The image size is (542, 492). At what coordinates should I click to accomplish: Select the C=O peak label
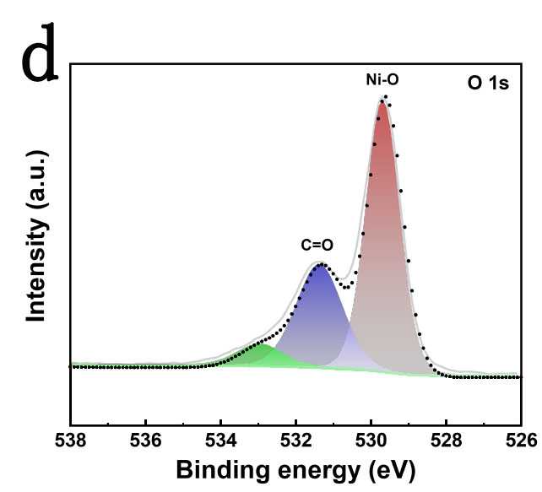317,246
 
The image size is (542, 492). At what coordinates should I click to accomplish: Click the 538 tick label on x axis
71,440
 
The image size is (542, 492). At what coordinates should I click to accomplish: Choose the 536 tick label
146,440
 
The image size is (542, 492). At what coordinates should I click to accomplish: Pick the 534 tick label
221,440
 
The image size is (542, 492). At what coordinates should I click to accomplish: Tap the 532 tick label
295,440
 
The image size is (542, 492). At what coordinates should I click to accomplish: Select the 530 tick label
371,440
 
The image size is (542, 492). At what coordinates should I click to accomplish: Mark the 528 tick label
446,440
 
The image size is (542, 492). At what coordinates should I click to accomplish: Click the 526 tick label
518,440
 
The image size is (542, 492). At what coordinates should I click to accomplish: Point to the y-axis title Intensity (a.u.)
36,235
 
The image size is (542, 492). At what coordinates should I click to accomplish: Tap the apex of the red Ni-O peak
383,102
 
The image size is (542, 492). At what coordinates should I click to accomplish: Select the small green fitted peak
263,354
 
